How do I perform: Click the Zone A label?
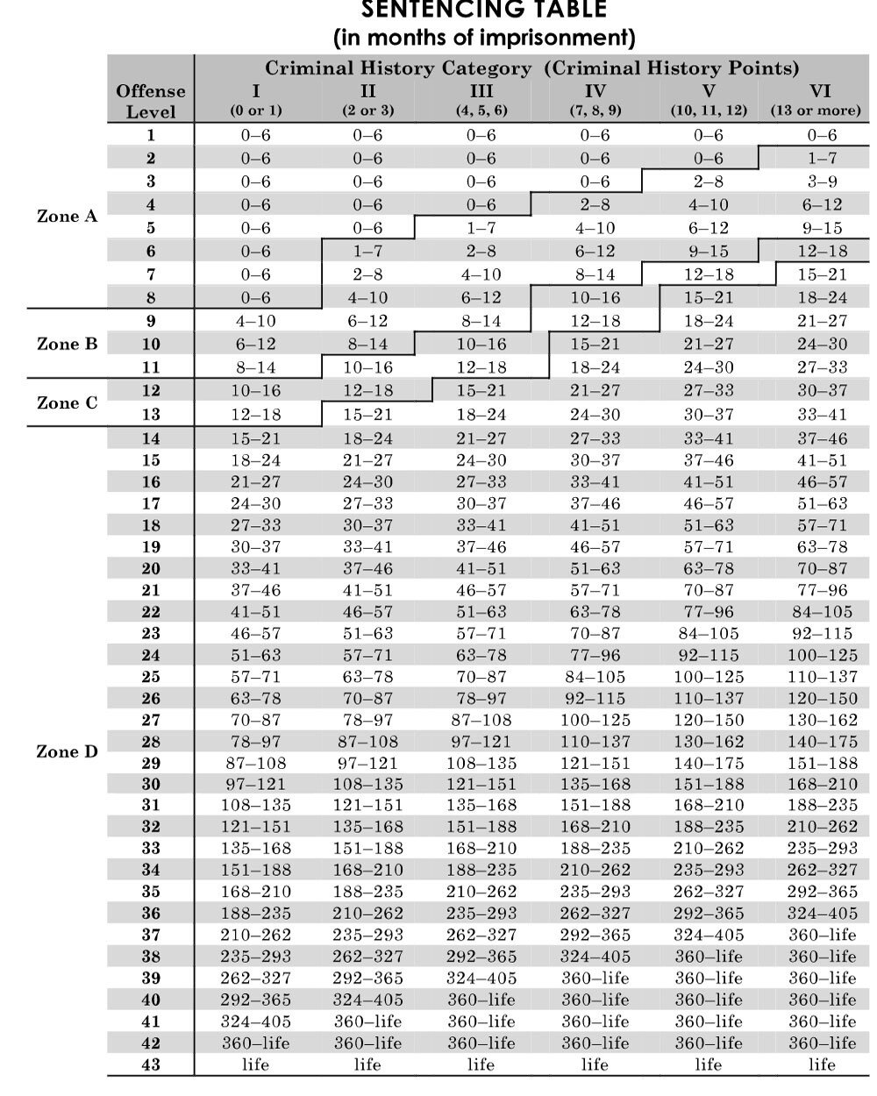coord(68,216)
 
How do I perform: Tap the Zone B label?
coord(68,344)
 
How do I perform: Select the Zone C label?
coord(68,403)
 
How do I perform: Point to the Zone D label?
coord(68,751)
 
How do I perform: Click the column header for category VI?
coord(821,91)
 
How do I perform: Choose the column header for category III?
coord(481,91)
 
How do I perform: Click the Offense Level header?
coord(151,101)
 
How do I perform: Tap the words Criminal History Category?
coord(398,68)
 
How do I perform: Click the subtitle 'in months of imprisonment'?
coord(484,38)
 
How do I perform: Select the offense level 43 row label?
coord(151,1064)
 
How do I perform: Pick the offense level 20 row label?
coord(151,568)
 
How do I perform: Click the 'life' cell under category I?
coord(255,1064)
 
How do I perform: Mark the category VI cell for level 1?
coord(822,135)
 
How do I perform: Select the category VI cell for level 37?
coord(822,935)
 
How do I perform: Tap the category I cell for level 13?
coord(255,413)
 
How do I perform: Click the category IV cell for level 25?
coord(595,676)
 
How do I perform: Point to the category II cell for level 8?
coord(367,297)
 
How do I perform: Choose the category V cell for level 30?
coord(708,784)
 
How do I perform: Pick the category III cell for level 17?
coord(481,503)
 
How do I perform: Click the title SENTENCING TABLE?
coord(484,11)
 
